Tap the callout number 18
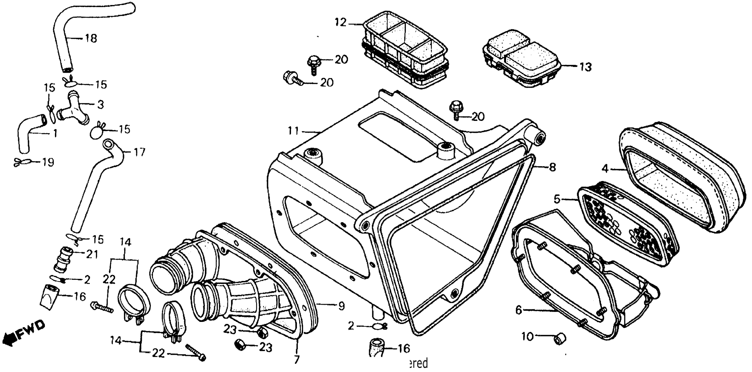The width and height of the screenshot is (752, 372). [91, 38]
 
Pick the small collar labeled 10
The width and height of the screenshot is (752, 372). [560, 339]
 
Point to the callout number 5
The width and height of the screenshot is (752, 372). [557, 200]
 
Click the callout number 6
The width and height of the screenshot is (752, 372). [518, 310]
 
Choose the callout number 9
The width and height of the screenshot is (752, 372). [341, 306]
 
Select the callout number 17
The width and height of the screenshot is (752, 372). [139, 152]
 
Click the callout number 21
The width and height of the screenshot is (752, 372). [92, 254]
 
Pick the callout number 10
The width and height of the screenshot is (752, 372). [528, 337]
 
